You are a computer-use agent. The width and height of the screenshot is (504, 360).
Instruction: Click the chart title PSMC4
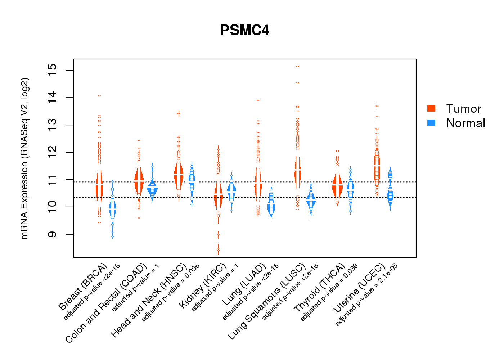pos(245,30)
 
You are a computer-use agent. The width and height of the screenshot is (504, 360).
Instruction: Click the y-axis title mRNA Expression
pos(24,158)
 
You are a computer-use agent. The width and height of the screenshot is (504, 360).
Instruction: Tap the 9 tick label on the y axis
pos(52,234)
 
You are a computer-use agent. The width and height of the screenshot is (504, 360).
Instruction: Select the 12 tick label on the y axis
pos(52,152)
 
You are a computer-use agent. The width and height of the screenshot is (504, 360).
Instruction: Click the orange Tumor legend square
pos(431,108)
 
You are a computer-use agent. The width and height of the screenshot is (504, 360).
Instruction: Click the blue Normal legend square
pos(431,123)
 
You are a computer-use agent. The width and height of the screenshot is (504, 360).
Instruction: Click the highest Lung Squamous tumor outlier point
pos(298,67)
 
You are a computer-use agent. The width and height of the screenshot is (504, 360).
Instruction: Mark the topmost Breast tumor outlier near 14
pos(99,96)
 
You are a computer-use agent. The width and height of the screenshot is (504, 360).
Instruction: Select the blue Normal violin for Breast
pos(113,209)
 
